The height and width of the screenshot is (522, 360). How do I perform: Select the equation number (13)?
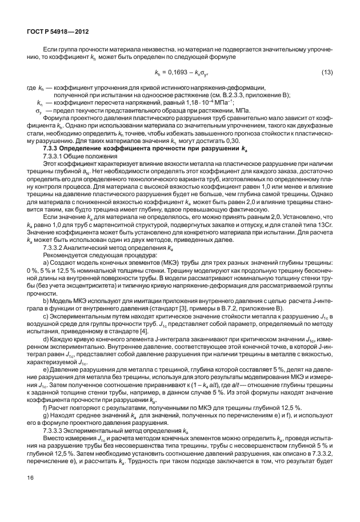pos(327,71)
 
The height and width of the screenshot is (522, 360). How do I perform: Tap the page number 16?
pos(30,492)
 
